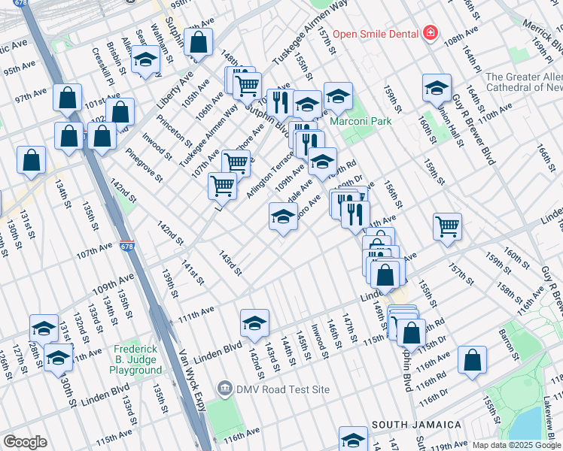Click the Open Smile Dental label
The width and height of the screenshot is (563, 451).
(375, 33)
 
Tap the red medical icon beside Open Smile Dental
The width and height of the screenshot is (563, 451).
(430, 33)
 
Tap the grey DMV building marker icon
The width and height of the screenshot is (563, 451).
(224, 389)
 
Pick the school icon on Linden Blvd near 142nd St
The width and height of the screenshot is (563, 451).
(255, 323)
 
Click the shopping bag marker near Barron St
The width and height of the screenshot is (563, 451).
(473, 360)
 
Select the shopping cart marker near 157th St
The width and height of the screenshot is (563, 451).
(447, 225)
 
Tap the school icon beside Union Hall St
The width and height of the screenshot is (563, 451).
(437, 88)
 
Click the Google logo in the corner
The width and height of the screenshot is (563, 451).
(25, 442)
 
